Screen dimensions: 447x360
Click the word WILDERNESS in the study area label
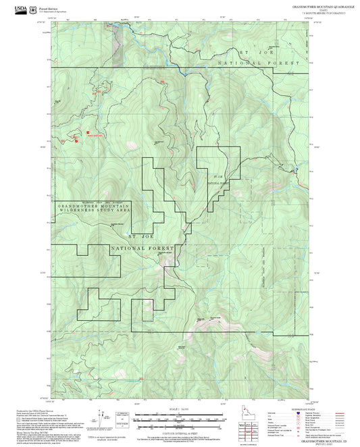coord(76,210)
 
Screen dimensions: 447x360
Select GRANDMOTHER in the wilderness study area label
coord(76,205)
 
